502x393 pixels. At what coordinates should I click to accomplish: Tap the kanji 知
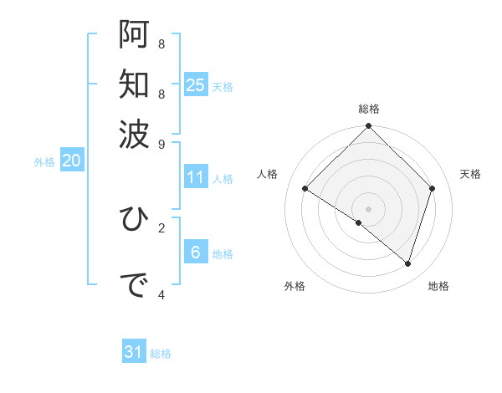(x=133, y=84)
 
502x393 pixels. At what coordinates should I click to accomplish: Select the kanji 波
(x=133, y=134)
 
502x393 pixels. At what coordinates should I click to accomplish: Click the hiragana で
(x=133, y=286)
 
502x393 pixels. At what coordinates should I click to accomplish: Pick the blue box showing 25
(x=196, y=84)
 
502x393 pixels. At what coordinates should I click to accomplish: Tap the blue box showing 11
(x=196, y=177)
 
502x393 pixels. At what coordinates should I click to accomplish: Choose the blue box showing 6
(x=195, y=253)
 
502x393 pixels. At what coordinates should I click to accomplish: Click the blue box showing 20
(x=71, y=161)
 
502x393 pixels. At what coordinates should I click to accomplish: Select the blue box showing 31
(x=134, y=352)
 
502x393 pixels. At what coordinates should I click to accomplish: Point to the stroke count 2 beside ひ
(x=161, y=227)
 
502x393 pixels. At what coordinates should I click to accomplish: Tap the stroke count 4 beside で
(x=161, y=294)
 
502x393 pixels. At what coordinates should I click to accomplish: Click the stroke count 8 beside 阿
(x=161, y=43)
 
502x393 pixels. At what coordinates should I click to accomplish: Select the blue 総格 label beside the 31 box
(x=161, y=354)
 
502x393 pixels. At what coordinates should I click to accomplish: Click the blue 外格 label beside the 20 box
(x=44, y=163)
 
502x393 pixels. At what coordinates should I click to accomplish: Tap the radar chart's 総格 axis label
(x=368, y=109)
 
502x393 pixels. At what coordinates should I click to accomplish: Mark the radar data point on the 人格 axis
(x=305, y=189)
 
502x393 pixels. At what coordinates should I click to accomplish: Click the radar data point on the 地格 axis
(x=407, y=263)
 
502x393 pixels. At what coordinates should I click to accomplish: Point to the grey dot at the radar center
(x=368, y=208)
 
